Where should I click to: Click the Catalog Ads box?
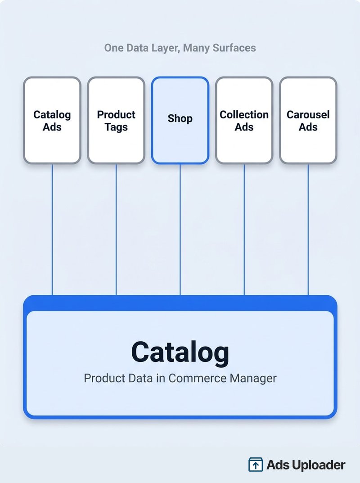[52, 121]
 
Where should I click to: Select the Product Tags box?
[116, 121]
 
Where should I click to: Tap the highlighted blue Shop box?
[180, 121]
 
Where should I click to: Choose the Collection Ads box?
[244, 121]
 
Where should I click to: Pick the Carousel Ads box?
[308, 121]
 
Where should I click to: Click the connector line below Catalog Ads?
[52, 230]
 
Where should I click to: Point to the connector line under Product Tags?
[116, 230]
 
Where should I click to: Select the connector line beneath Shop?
[180, 230]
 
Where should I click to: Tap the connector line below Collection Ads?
[244, 230]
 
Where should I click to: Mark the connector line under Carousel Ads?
[308, 230]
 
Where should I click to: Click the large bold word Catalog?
[180, 353]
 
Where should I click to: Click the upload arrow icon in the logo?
[256, 465]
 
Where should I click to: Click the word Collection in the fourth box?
[244, 115]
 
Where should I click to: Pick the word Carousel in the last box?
[308, 115]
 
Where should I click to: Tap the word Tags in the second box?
[116, 127]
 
